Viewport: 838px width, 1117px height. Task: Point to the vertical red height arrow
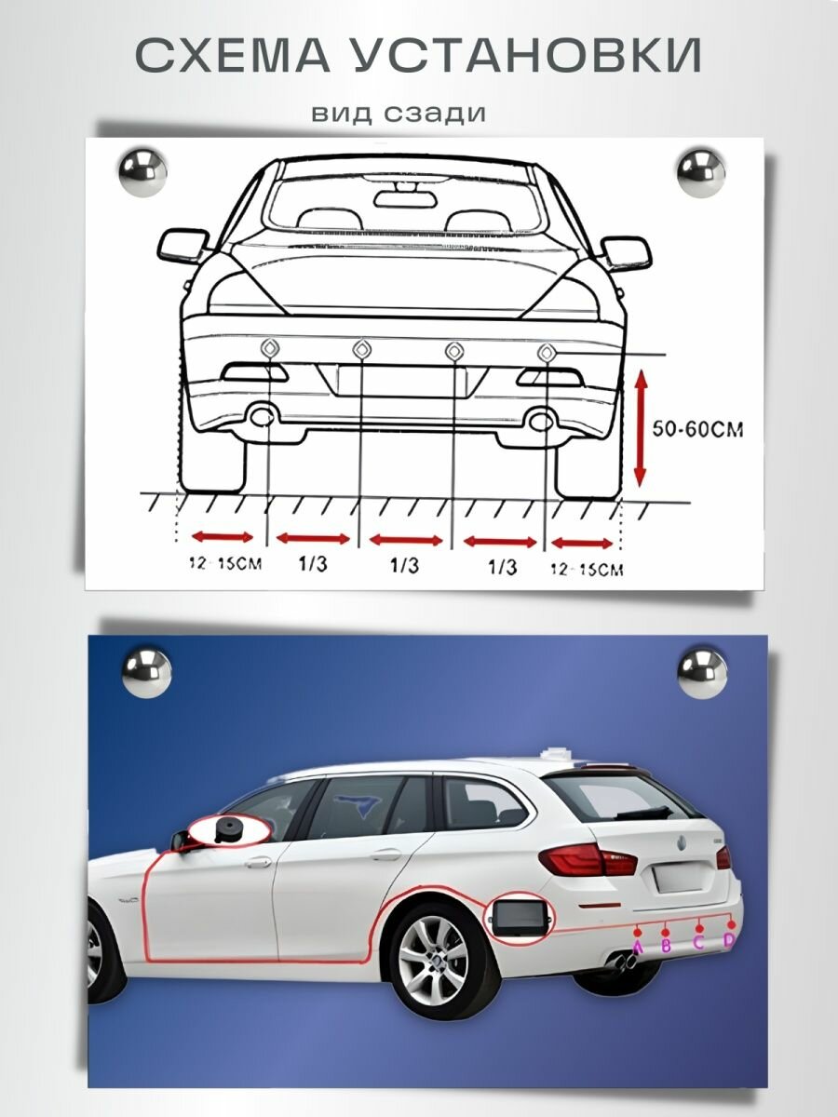639,428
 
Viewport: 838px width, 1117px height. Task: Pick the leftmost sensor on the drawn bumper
268,349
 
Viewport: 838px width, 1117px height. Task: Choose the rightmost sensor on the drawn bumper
547,352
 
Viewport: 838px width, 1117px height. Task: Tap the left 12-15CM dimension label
223,564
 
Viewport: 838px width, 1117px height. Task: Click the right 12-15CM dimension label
588,569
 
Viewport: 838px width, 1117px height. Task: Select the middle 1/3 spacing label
404,565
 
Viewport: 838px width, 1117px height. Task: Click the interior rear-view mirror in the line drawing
399,196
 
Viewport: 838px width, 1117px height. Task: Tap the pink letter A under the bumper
638,948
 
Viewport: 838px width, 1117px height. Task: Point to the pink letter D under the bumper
729,941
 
